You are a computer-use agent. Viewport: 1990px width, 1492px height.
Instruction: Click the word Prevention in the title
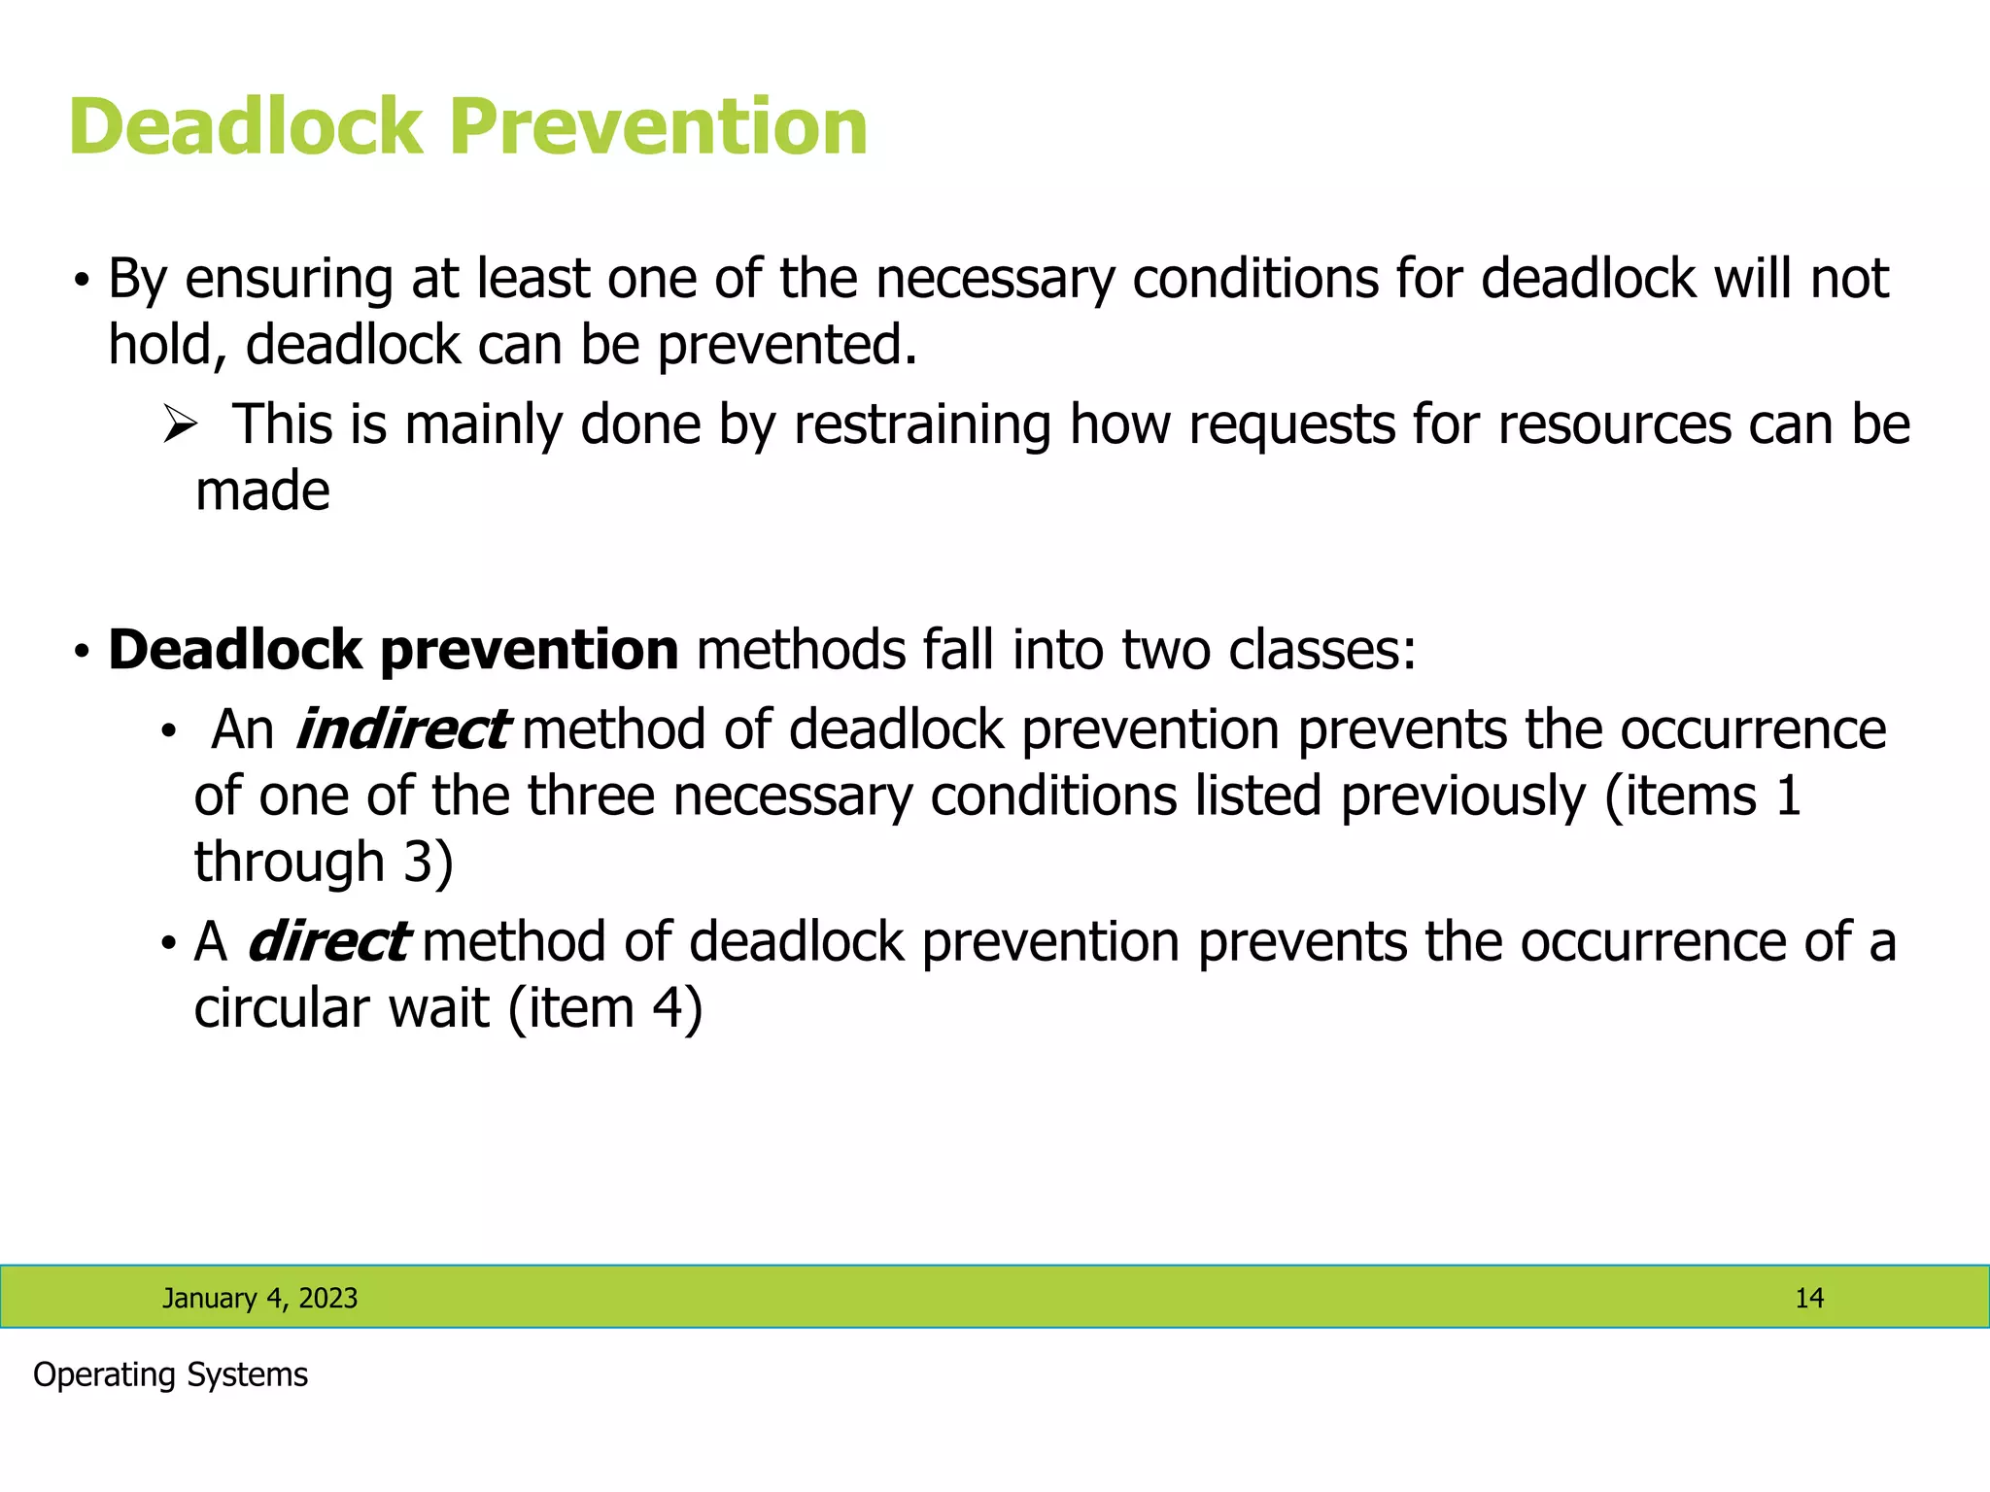pyautogui.click(x=658, y=127)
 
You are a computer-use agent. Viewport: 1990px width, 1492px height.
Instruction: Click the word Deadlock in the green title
pyautogui.click(x=246, y=127)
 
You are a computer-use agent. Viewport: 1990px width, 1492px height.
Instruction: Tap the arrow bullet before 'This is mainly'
pyautogui.click(x=180, y=424)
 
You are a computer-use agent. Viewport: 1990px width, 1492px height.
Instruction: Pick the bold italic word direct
pyautogui.click(x=328, y=941)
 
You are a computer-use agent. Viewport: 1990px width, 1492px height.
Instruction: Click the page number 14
pyautogui.click(x=1808, y=1298)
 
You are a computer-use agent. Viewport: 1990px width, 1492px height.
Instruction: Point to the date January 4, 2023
pyautogui.click(x=259, y=1298)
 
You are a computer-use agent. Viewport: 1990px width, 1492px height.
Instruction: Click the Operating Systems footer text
pyautogui.click(x=170, y=1374)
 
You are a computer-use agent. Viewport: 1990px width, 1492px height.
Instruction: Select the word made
pyautogui.click(x=262, y=491)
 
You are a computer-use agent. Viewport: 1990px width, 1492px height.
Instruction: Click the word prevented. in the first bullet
pyautogui.click(x=787, y=345)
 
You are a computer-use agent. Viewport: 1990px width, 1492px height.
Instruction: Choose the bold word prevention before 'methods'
pyautogui.click(x=529, y=651)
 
